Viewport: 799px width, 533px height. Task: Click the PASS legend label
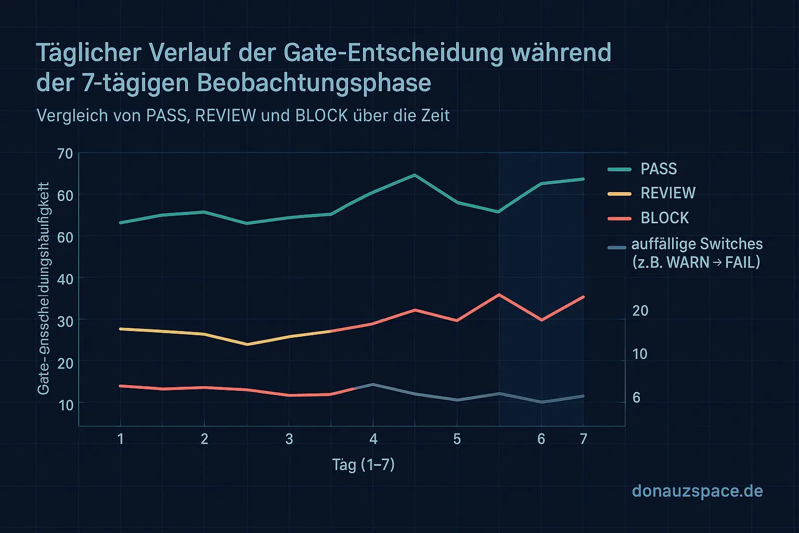pos(659,169)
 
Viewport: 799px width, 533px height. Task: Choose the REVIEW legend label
pos(668,193)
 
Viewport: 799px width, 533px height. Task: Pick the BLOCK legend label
pos(665,218)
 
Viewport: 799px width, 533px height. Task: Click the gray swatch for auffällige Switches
pos(617,247)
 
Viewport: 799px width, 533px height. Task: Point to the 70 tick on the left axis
pos(66,154)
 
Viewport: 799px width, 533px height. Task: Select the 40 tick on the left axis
pos(66,279)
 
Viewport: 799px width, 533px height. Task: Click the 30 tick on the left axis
pos(66,321)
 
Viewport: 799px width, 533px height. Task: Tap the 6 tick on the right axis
pos(636,398)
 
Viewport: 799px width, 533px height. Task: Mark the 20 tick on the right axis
pos(640,311)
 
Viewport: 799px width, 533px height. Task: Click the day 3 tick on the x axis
pos(289,439)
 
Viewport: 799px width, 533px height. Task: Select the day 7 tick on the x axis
pos(583,439)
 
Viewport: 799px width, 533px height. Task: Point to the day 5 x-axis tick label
pos(457,439)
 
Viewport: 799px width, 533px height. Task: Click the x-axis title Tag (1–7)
pos(363,464)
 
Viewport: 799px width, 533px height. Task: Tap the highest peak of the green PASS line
pos(415,175)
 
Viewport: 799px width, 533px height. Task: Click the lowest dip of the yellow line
pos(247,345)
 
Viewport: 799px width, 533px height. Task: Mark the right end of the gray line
pos(583,396)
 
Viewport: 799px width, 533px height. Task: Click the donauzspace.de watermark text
pos(697,491)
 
